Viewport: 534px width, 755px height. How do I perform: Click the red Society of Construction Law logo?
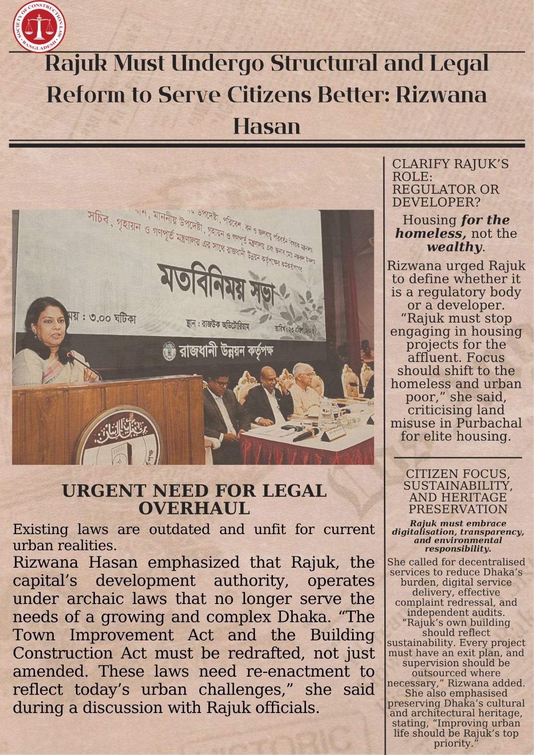click(x=39, y=26)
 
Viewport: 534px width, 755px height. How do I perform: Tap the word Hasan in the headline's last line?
click(x=267, y=126)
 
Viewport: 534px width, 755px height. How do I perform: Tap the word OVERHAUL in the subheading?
click(x=194, y=509)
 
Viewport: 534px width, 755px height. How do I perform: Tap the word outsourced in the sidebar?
click(x=456, y=673)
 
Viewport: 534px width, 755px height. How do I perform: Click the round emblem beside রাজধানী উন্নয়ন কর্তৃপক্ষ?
click(x=169, y=351)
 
